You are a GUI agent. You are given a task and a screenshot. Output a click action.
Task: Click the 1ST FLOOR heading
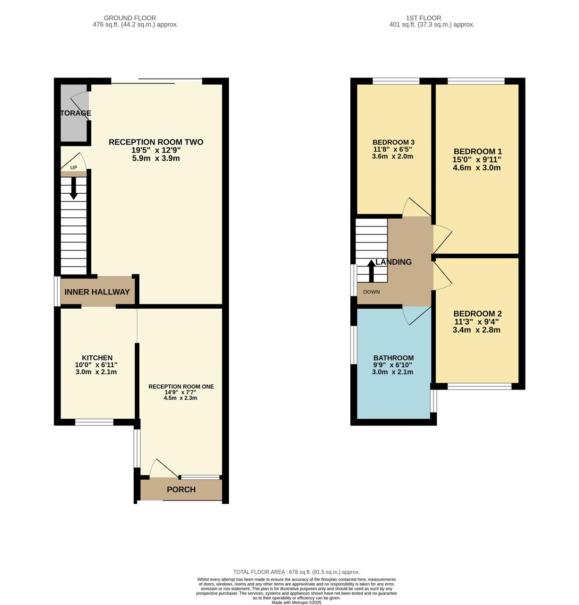[x=423, y=18]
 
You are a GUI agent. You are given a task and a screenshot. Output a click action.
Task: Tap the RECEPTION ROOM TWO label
[x=156, y=142]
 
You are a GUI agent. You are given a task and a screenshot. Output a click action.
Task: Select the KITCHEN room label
[x=97, y=358]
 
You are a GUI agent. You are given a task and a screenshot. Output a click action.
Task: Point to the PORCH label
[x=181, y=490]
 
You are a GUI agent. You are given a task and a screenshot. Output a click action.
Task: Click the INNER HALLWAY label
[x=97, y=292]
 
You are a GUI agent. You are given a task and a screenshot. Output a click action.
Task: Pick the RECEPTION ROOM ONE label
[x=181, y=387]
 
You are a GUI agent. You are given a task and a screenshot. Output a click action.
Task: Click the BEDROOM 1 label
[x=476, y=152]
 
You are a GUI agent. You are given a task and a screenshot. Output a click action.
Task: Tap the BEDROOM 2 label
[x=477, y=314]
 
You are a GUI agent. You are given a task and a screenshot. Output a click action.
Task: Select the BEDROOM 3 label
[x=393, y=142]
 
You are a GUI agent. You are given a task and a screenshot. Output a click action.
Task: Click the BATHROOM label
[x=393, y=358]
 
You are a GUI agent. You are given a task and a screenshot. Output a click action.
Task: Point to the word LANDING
[x=394, y=262]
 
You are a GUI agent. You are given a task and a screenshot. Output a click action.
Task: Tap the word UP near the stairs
[x=74, y=167]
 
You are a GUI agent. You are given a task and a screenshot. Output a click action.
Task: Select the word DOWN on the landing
[x=372, y=292]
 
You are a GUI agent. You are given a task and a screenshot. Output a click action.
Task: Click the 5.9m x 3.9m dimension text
[x=156, y=158]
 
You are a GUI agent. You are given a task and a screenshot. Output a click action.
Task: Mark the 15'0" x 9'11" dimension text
[x=476, y=160]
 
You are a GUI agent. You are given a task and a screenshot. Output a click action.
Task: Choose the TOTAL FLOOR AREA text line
[x=296, y=572]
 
